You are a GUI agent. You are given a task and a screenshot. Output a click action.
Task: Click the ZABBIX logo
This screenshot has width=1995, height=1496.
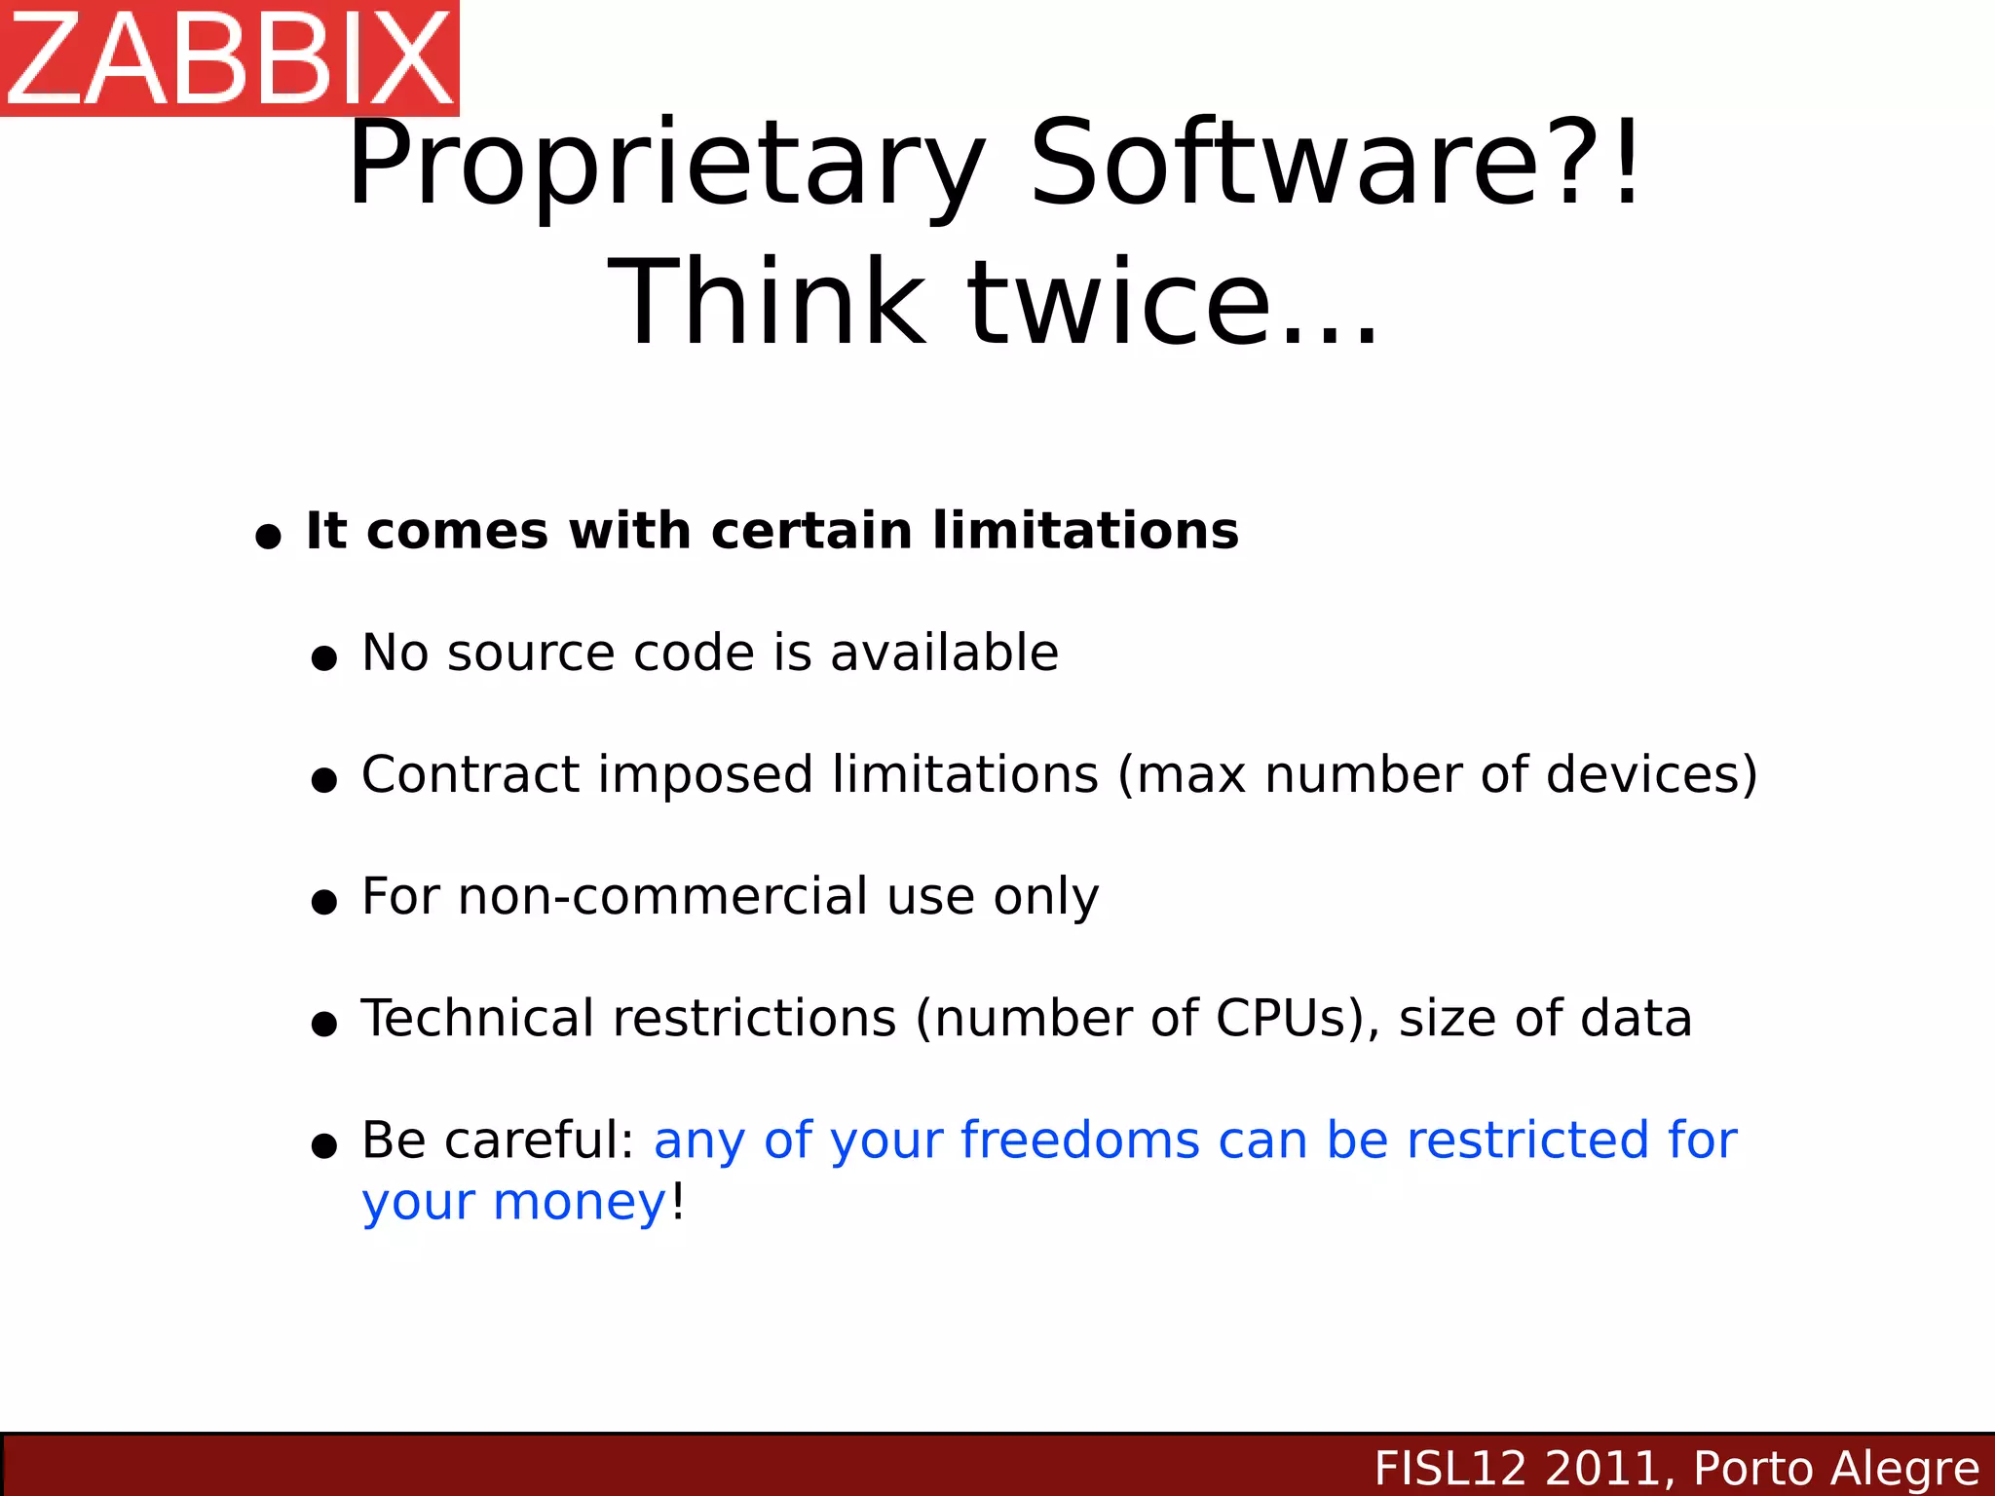(x=229, y=57)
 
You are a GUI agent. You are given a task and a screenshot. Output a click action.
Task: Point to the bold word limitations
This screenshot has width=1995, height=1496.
(x=1085, y=531)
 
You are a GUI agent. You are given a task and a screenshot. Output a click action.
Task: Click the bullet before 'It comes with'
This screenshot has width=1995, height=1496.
(x=268, y=536)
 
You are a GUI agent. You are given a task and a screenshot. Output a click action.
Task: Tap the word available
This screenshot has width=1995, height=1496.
(x=944, y=653)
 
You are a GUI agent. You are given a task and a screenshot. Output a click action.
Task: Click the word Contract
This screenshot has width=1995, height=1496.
(x=471, y=774)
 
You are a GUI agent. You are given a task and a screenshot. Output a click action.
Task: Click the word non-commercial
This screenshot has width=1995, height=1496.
(x=662, y=896)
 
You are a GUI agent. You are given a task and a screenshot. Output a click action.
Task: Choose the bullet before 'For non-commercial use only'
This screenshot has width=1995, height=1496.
(x=323, y=902)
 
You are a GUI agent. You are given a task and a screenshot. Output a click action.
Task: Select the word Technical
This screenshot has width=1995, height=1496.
(x=477, y=1018)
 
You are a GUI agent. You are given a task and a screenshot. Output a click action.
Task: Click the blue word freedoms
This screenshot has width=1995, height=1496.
(x=1080, y=1140)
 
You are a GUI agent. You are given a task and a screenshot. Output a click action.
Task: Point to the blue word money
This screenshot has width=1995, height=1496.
(x=580, y=1203)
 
